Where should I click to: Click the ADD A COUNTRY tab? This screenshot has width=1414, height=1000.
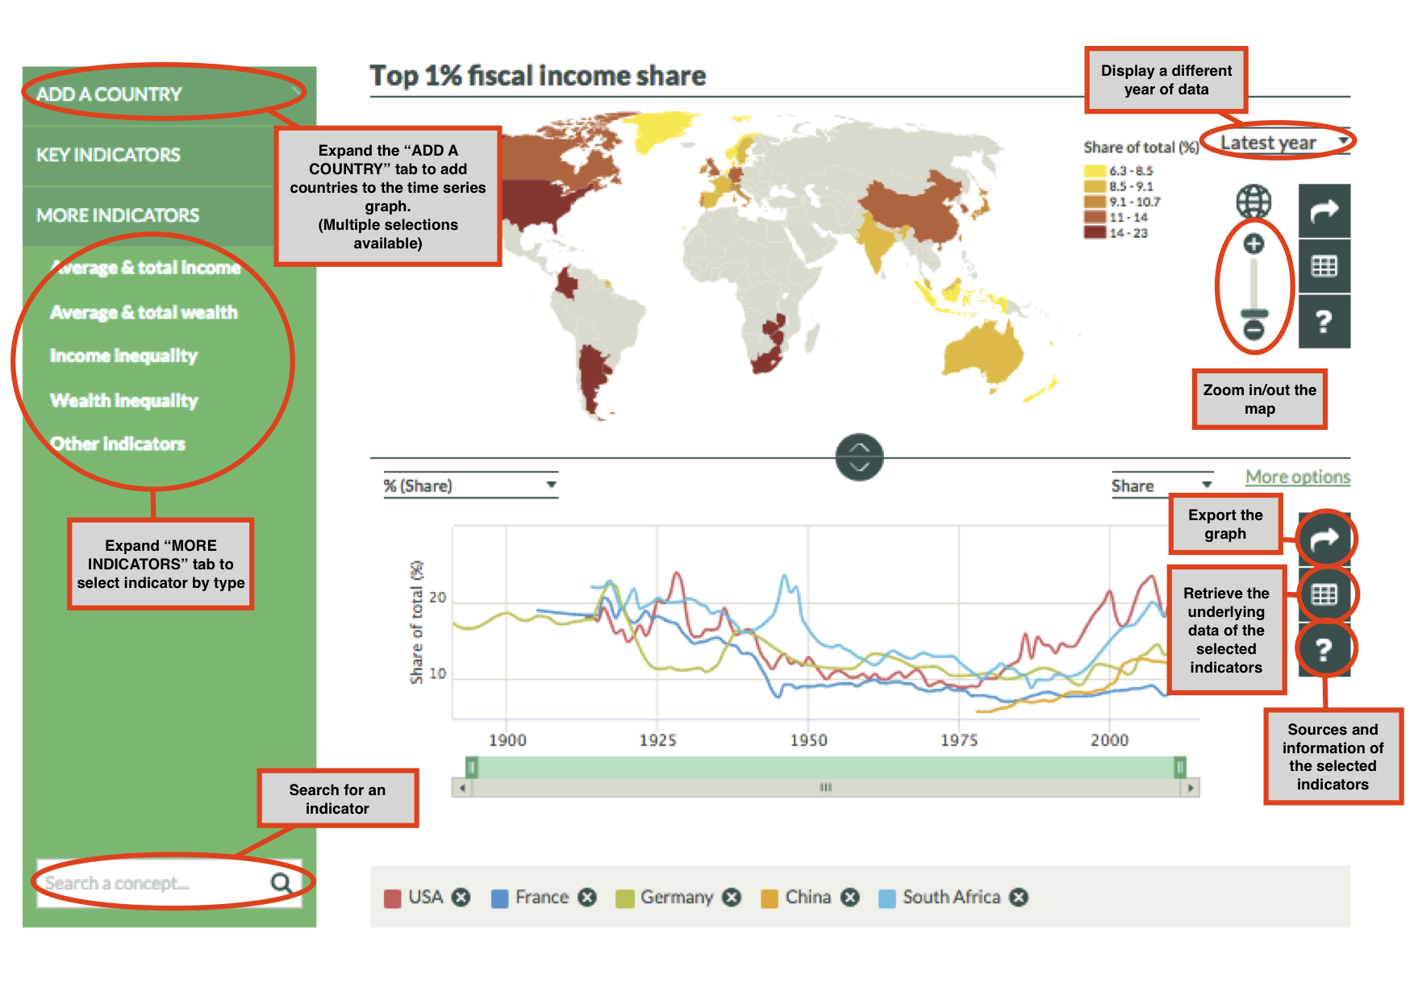(x=109, y=94)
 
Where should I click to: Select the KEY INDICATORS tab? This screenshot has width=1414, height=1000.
(x=108, y=155)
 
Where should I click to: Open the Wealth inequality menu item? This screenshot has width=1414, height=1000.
(x=123, y=400)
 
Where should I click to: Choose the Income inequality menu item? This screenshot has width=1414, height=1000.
(x=123, y=356)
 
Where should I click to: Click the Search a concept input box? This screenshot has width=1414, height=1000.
(x=153, y=883)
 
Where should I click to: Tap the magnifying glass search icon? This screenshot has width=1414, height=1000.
(x=282, y=883)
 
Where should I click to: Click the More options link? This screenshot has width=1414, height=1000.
(x=1297, y=477)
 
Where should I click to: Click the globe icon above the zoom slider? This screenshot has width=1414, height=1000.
(x=1253, y=202)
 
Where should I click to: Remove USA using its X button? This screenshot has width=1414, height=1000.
(x=461, y=898)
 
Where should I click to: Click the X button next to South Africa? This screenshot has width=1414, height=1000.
(x=1020, y=898)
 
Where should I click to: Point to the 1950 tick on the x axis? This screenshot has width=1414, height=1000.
(x=808, y=740)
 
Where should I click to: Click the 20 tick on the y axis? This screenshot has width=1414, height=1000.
(x=437, y=598)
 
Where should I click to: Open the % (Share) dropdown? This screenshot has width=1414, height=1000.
(x=470, y=485)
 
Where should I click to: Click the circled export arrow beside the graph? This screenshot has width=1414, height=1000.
(x=1324, y=539)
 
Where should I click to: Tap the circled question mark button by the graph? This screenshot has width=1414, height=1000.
(x=1324, y=649)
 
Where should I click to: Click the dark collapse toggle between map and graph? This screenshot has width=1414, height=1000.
(x=860, y=457)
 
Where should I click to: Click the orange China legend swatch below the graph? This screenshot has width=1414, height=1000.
(x=770, y=898)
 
